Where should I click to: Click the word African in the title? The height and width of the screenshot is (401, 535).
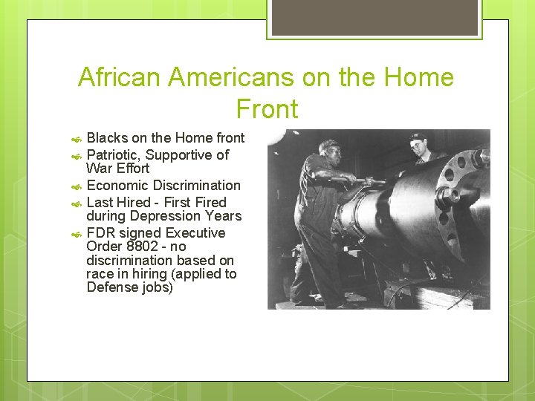coord(119,77)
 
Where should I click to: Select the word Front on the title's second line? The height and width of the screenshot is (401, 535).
coord(267,109)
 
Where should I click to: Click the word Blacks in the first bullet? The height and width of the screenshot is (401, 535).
coord(107,138)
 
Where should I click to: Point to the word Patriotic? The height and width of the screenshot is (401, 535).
coord(114,155)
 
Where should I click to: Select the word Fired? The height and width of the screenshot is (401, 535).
coord(210,203)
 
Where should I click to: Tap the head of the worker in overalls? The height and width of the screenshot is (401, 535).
coord(328,149)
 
